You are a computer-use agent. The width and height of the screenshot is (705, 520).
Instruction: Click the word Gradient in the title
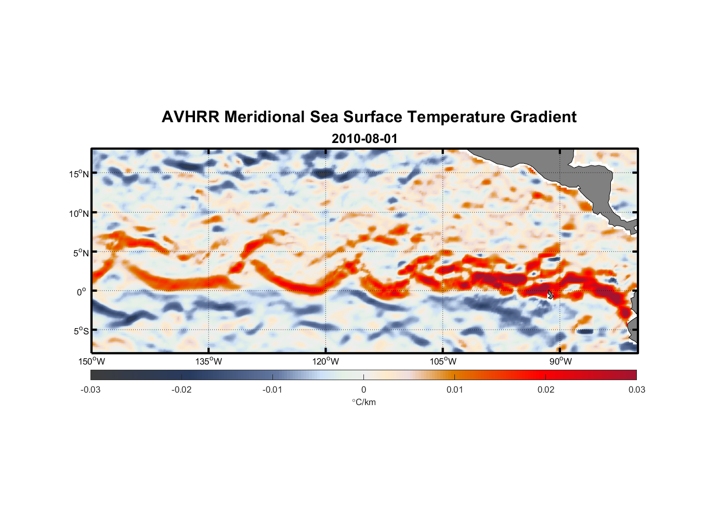pos(543,117)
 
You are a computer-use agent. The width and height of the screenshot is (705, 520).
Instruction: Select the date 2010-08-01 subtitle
pos(364,138)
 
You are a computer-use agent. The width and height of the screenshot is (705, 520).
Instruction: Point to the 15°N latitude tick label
pos(79,174)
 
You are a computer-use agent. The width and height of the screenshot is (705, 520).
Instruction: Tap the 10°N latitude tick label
pos(79,213)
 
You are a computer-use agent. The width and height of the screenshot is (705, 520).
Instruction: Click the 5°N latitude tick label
pos(81,253)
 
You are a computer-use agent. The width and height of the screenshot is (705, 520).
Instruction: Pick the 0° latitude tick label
pos(82,292)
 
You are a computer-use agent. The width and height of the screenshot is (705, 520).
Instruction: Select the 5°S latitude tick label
pos(81,331)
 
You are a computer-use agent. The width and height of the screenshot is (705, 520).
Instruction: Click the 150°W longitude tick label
pos(92,361)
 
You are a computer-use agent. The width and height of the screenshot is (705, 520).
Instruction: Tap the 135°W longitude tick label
pos(209,361)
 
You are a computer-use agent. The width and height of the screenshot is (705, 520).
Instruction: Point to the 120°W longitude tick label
pos(326,361)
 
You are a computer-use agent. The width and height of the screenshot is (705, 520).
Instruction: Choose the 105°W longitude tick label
pos(443,361)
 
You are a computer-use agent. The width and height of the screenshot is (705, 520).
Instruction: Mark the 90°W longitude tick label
pos(560,361)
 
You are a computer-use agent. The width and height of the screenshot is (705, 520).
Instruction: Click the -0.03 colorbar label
pos(90,389)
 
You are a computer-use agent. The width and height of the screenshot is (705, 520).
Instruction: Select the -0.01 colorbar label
pos(272,389)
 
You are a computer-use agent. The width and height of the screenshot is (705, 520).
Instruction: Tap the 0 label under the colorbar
pos(363,389)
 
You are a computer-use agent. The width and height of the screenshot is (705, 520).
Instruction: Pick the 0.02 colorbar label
pos(546,389)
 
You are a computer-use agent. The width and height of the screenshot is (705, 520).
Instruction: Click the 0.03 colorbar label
pos(636,389)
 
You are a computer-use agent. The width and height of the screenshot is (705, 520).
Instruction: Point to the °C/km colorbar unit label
pos(364,402)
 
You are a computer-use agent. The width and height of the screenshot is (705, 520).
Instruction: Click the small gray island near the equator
pos(550,295)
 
